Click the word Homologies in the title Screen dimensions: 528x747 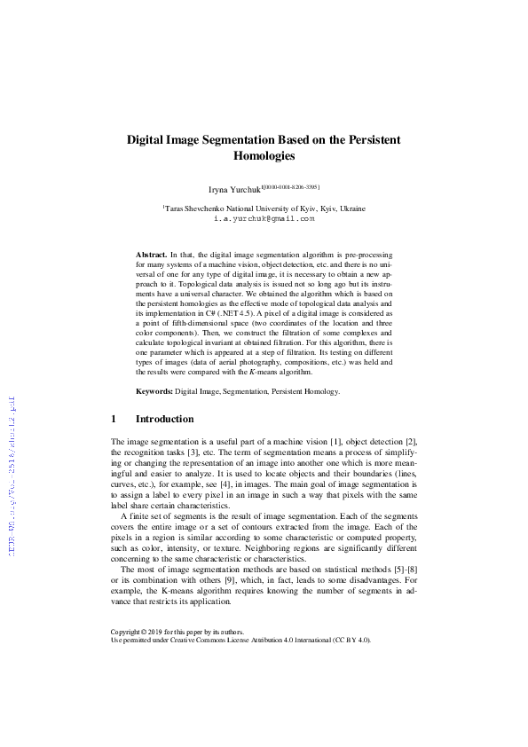(x=264, y=156)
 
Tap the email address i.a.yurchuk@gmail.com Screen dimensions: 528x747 (x=264, y=217)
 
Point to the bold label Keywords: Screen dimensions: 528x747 (x=154, y=390)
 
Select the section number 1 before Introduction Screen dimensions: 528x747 (x=114, y=418)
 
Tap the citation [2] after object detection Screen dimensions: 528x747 (x=411, y=441)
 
